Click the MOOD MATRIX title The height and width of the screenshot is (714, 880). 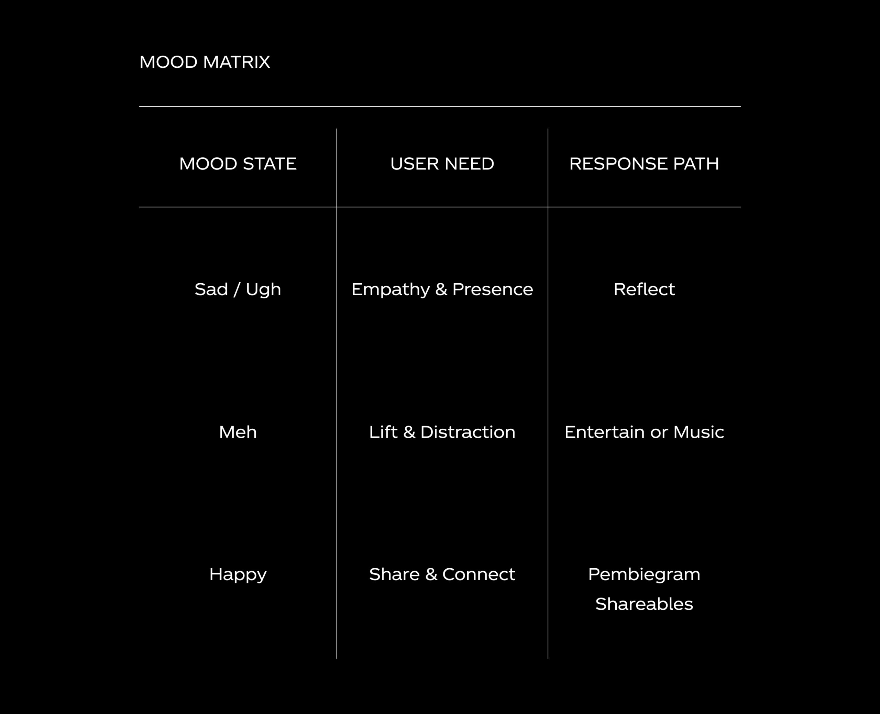205,62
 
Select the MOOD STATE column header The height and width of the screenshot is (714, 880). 238,164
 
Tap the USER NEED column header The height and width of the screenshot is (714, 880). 442,164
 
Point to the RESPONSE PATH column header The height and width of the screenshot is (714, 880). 644,164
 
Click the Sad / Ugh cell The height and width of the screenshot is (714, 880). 238,289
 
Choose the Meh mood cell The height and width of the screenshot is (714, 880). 238,432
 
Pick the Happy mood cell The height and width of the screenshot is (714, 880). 238,574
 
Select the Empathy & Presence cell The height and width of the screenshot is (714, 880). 442,289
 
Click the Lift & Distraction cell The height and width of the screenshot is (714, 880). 442,432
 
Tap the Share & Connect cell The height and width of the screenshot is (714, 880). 442,574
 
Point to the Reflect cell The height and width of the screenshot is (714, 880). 644,289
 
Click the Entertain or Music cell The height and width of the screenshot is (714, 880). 644,432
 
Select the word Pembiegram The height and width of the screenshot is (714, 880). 644,574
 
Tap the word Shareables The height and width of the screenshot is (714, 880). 644,604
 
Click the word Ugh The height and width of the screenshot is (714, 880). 263,289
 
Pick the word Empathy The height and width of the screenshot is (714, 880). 390,289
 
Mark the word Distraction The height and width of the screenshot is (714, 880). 467,432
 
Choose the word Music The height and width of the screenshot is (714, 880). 698,432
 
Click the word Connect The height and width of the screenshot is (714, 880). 478,574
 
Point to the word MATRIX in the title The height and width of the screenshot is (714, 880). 236,62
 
